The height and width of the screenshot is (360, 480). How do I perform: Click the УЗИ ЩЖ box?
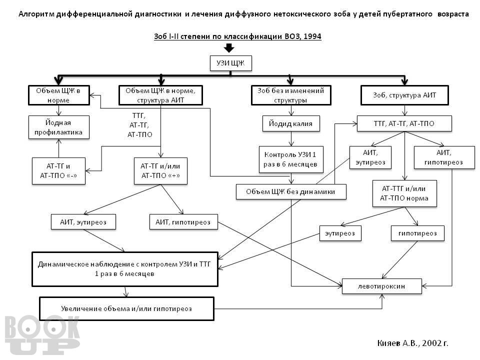pos(231,63)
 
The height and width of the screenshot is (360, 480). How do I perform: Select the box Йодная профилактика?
pos(59,127)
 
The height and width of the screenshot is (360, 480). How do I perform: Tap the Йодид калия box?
pos(291,123)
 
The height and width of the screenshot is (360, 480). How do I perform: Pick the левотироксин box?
pos(381,286)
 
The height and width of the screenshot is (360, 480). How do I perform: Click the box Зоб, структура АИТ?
pos(404,95)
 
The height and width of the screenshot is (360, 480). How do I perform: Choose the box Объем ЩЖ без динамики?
pos(291,191)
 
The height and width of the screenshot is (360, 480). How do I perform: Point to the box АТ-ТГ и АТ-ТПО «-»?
pos(58,171)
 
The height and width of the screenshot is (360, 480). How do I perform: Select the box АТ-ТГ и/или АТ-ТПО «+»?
pos(160,171)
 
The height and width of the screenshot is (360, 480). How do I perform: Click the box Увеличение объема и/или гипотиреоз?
pos(126,308)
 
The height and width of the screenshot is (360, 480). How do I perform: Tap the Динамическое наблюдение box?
pos(125,269)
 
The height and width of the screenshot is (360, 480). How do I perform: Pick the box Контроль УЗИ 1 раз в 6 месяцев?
pos(291,159)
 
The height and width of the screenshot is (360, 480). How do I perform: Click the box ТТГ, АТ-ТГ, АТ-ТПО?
pos(404,123)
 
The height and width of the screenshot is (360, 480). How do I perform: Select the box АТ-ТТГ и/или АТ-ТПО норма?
pos(404,193)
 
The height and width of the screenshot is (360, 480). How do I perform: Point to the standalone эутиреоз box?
pos(340,233)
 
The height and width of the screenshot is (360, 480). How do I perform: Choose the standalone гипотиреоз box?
pos(417,233)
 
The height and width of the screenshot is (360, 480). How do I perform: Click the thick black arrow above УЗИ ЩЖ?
pos(229,48)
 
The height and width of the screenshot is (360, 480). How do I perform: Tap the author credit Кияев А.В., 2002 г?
pos(412,343)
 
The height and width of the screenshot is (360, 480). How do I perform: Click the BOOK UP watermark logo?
pos(42,335)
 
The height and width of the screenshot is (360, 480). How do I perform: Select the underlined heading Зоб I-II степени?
pos(237,36)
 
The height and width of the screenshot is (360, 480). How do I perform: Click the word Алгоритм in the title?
pos(36,14)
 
